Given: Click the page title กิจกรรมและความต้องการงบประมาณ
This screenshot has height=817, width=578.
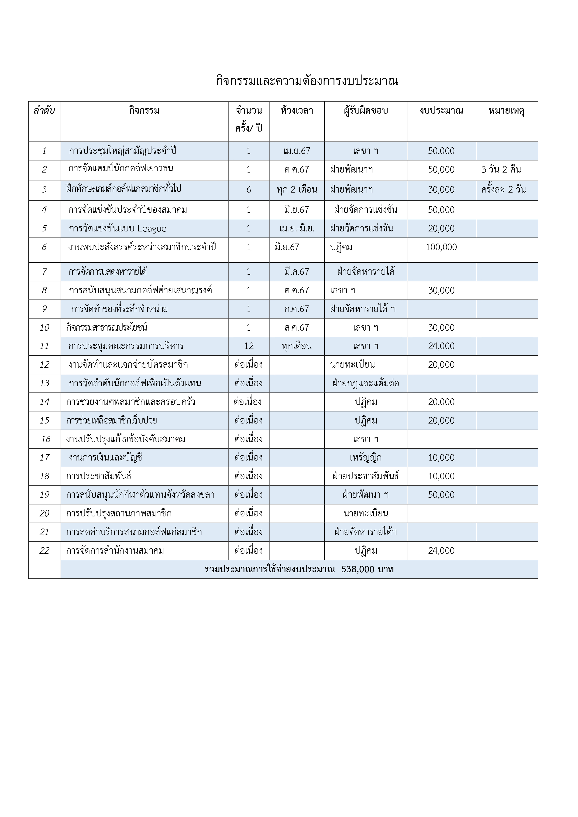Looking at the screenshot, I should pyautogui.click(x=307, y=81).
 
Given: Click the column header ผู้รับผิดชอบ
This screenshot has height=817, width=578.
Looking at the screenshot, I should pyautogui.click(x=365, y=111).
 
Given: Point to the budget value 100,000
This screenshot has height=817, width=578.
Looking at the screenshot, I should pyautogui.click(x=441, y=247).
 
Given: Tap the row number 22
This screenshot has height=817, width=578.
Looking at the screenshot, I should pyautogui.click(x=45, y=550).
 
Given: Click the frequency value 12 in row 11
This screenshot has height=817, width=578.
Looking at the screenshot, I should pyautogui.click(x=249, y=346).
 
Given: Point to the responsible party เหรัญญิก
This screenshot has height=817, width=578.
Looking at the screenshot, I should pyautogui.click(x=365, y=458).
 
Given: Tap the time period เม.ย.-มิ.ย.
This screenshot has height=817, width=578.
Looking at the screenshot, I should pyautogui.click(x=297, y=228).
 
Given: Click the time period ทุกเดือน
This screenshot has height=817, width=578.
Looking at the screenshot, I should pyautogui.click(x=297, y=346).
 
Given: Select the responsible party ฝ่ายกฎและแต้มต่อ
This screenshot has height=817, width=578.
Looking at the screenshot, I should pyautogui.click(x=365, y=383).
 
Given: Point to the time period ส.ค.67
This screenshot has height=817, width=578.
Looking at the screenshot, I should pyautogui.click(x=297, y=327).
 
